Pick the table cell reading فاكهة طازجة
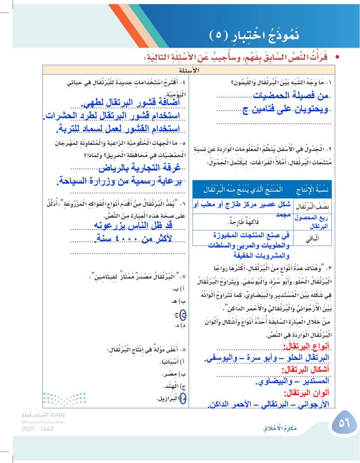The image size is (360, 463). point(245,221)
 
